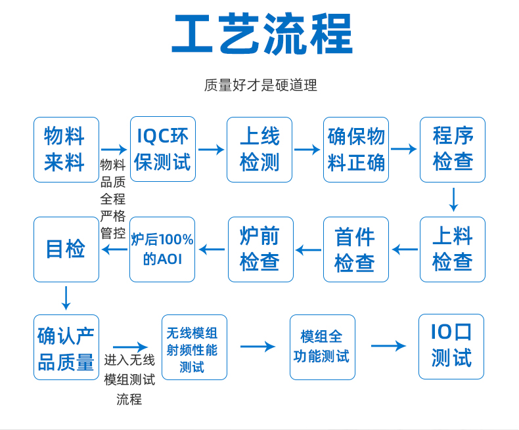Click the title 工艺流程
pos(262,33)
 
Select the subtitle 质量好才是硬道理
pos(261,85)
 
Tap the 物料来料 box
pos(66,150)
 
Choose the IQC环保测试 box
pos(163,149)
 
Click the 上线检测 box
pos(259,150)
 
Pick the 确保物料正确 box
pos(356,150)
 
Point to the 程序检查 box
pos(453,150)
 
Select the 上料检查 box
pos(453,249)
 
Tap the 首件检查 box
pos(356,249)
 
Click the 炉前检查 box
pos(261,249)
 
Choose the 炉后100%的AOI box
pos(162,249)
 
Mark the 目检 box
pos(66,249)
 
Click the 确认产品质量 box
pos(66,347)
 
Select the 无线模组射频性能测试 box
pos(194,347)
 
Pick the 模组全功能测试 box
pos(323,347)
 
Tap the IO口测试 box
pos(451,347)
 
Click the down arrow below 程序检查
pos(453,200)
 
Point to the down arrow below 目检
pos(66,298)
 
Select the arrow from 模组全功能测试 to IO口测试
pos(388,346)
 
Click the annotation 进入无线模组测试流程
pos(129,379)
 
